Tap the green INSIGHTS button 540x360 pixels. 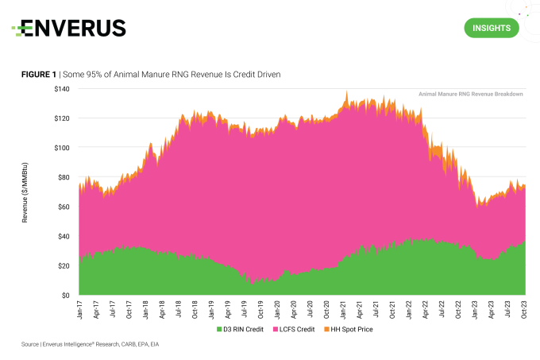tap(491, 29)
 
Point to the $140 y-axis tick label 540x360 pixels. tap(62, 89)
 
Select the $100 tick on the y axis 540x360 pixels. tap(62, 148)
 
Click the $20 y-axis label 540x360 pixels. tap(64, 265)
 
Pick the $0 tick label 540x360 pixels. tap(67, 295)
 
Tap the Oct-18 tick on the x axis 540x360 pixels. tap(195, 310)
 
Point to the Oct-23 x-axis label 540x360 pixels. tap(523, 310)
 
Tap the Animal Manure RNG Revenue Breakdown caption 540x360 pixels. tap(470, 94)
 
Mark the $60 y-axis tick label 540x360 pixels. tap(64, 207)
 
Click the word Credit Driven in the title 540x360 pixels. tap(254, 74)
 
